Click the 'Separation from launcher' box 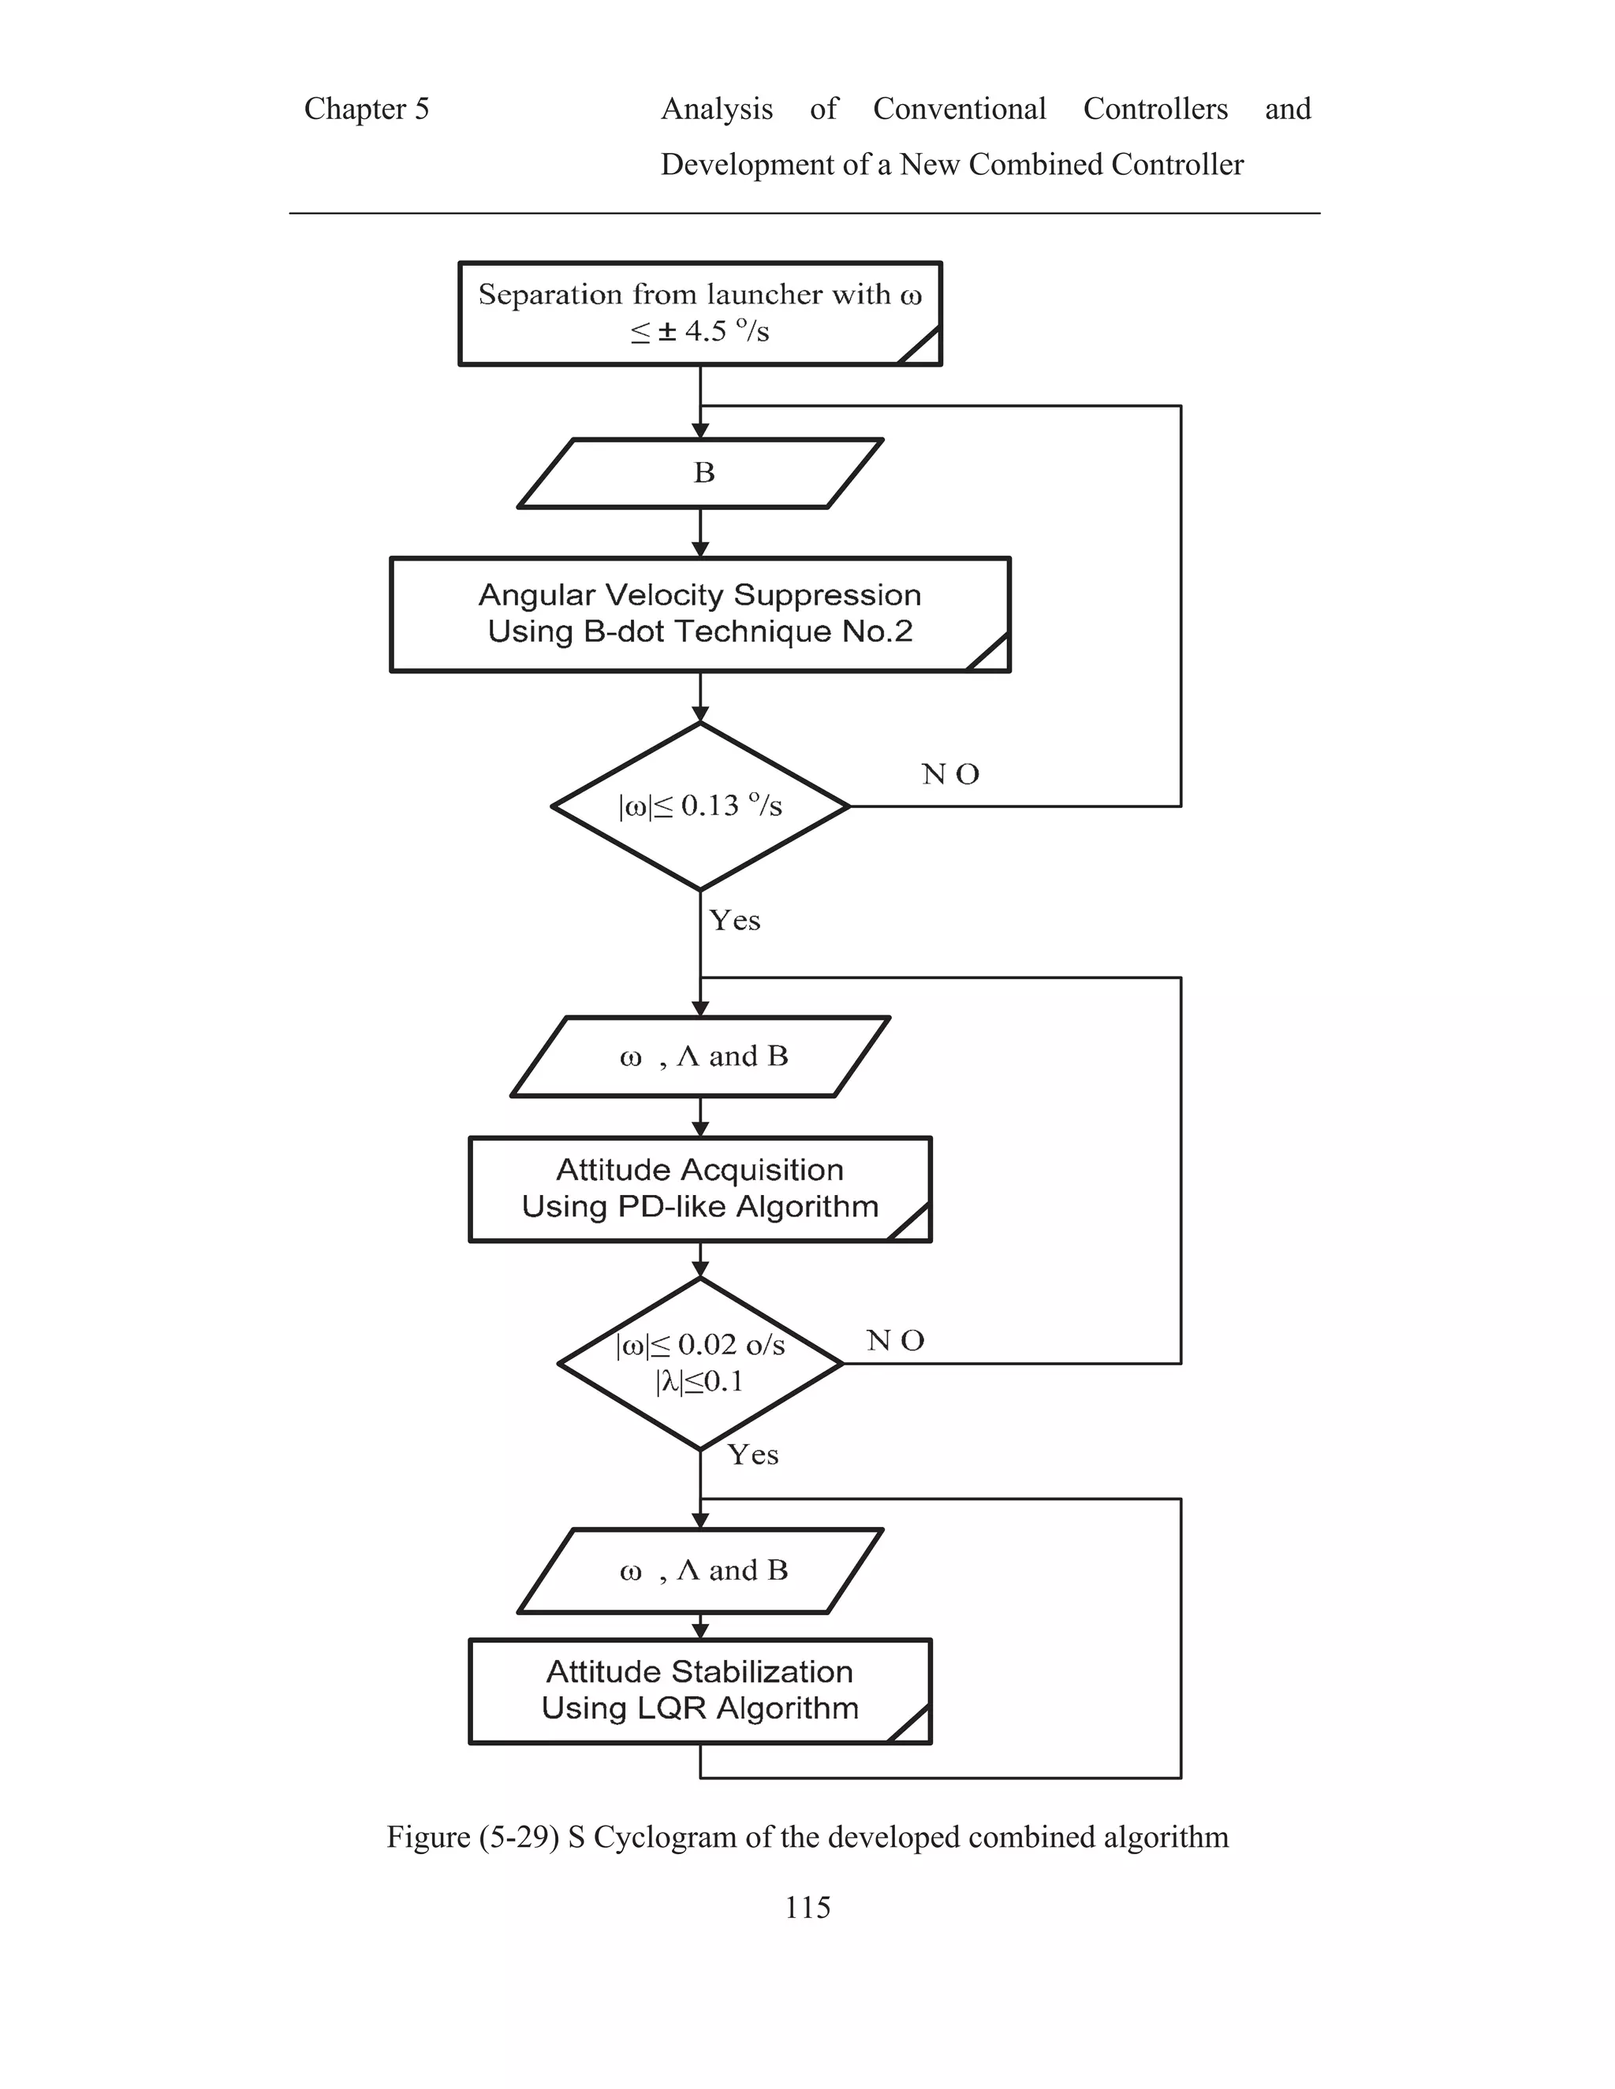699,313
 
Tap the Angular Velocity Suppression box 699,614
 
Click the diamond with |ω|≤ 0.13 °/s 699,806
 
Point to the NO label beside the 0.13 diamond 950,775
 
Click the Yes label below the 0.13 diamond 735,921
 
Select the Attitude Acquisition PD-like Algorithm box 699,1189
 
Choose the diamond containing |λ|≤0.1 699,1364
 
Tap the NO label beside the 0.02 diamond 896,1341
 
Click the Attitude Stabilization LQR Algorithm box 699,1691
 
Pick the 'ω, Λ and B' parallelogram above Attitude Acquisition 699,1056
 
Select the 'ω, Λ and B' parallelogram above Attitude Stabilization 699,1570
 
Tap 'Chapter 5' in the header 367,109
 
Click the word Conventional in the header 959,109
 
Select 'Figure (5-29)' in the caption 472,1838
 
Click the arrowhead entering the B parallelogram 700,431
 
